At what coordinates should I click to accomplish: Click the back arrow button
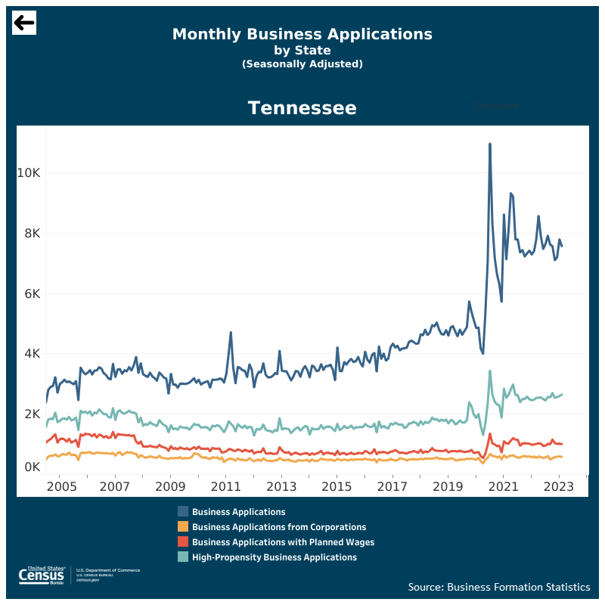coord(24,23)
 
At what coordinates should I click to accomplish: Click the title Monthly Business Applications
coord(302,34)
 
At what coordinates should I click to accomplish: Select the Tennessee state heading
coord(302,108)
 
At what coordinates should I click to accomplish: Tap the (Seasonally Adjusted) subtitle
coord(302,64)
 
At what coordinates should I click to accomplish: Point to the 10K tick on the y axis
coord(28,172)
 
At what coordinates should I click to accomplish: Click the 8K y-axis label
coord(31,233)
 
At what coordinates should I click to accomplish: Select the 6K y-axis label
coord(31,293)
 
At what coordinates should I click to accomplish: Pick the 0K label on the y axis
coord(31,467)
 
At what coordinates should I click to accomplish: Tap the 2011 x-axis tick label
coord(225,486)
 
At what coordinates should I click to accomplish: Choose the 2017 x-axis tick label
coord(392,486)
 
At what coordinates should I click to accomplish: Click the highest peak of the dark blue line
coord(490,144)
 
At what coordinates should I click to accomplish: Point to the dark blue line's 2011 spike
coord(231,333)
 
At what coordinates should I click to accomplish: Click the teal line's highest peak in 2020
coord(490,371)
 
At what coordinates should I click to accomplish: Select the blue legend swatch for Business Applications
coord(183,512)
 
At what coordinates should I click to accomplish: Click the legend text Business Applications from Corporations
coord(278,527)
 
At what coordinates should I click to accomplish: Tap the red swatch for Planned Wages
coord(183,542)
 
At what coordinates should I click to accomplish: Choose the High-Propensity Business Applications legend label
coord(274,557)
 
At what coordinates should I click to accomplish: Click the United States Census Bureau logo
coord(45,576)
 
